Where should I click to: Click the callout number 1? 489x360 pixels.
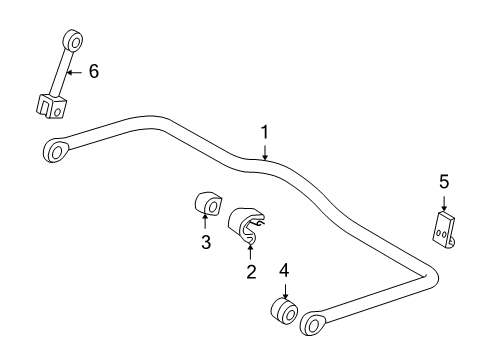pyautogui.click(x=265, y=131)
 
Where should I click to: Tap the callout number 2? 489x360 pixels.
pyautogui.click(x=251, y=272)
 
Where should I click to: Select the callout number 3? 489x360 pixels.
pyautogui.click(x=205, y=243)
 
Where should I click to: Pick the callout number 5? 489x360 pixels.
pyautogui.click(x=444, y=183)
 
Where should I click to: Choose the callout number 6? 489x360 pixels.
pyautogui.click(x=94, y=71)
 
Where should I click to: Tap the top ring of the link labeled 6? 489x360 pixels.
pyautogui.click(x=71, y=40)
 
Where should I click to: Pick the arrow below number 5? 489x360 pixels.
pyautogui.click(x=444, y=202)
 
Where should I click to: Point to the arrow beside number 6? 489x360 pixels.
pyautogui.click(x=75, y=71)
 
